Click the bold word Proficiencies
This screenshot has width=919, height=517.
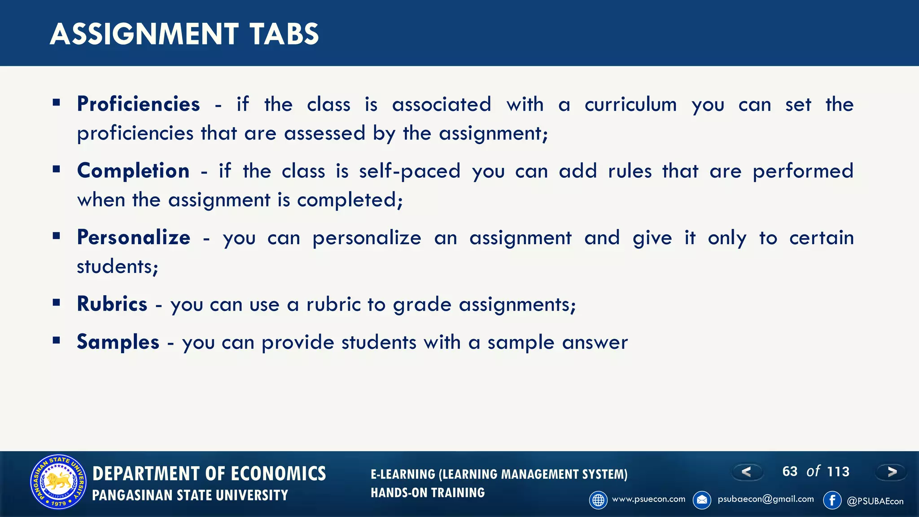[138, 104]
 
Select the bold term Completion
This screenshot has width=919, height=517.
[133, 171]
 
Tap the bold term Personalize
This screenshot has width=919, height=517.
[134, 237]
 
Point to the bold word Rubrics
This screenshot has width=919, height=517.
[112, 304]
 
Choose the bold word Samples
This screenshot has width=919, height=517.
[118, 342]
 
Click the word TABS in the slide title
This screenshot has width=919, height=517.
[284, 34]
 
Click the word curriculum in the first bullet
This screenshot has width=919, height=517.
[630, 105]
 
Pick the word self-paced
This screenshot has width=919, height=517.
[410, 171]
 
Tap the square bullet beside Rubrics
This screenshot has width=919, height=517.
[56, 302]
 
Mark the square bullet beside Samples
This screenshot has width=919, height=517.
[56, 341]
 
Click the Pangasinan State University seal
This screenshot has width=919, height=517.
[58, 482]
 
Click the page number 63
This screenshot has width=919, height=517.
[790, 471]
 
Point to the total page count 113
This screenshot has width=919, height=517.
[838, 471]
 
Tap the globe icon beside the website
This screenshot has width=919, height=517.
[598, 500]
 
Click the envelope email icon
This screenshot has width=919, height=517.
[702, 500]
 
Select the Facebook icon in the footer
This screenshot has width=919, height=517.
[832, 500]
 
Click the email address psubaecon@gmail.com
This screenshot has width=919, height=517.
[766, 499]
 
